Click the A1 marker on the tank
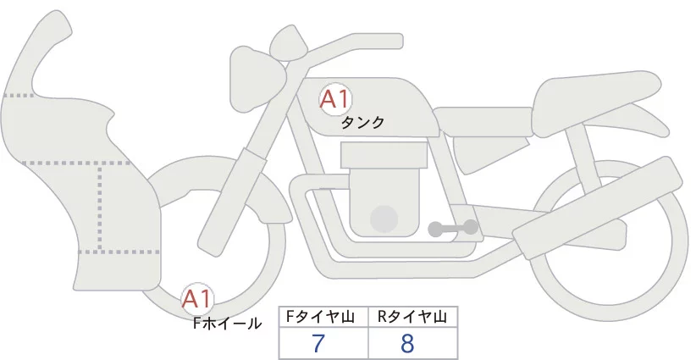pos(334,99)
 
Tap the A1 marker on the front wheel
pos(197,298)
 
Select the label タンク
pos(362,123)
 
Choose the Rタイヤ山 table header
pos(412,316)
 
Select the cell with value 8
pos(411,343)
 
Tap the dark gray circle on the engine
pos(385,219)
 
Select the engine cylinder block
pos(381,191)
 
